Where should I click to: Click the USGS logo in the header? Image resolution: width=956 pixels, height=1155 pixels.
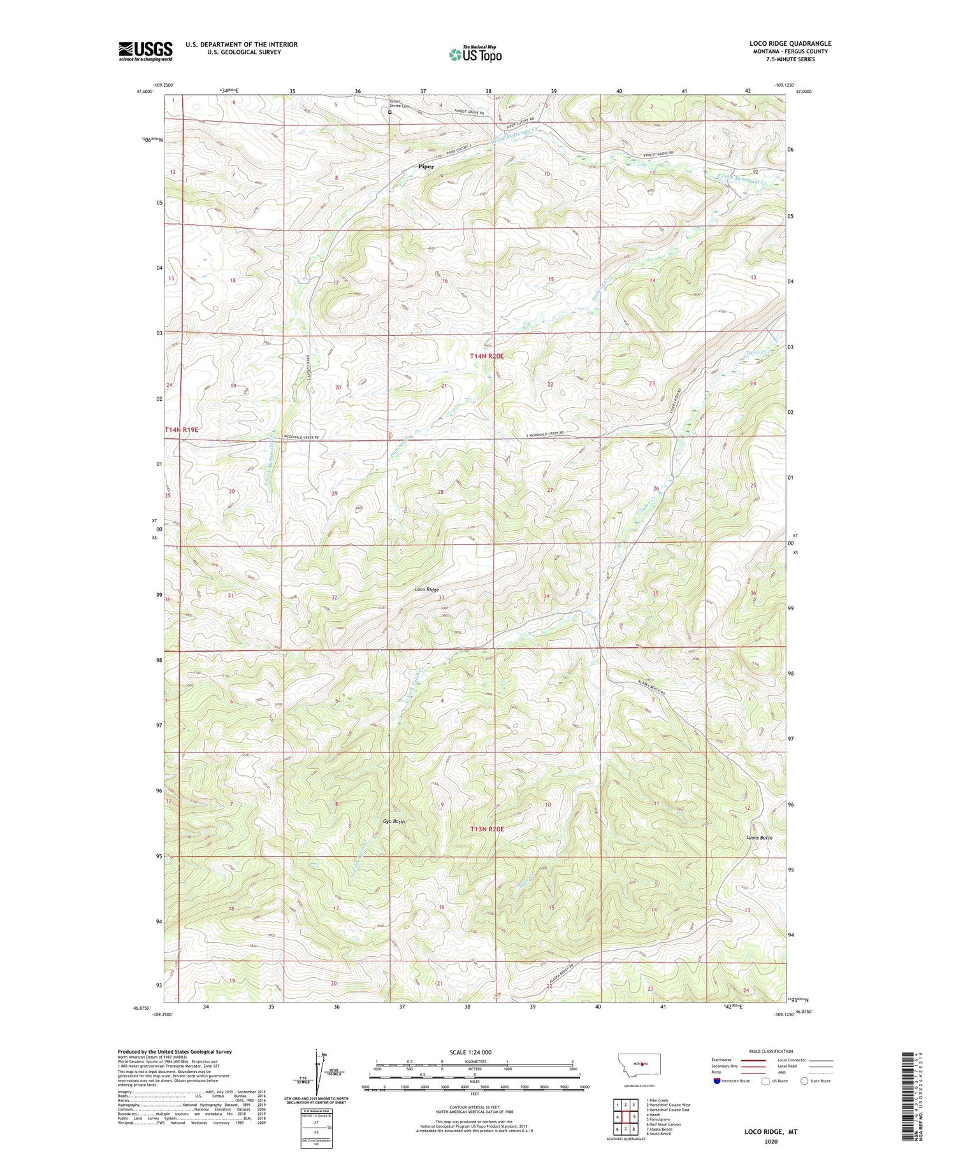145,51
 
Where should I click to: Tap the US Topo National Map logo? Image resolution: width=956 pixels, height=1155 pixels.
475,54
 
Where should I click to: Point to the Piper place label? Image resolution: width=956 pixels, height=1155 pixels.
426,167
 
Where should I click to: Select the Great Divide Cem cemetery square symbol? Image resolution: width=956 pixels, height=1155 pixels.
390,112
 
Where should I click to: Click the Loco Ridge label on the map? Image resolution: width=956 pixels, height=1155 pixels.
426,590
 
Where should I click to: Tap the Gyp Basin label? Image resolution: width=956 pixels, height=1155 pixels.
394,822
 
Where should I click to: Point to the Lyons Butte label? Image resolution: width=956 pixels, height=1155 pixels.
759,838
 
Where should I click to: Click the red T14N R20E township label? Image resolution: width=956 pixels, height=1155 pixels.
487,357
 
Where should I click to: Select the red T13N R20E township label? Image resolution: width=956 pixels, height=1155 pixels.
487,829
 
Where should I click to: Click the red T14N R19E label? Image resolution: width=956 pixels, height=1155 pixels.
182,430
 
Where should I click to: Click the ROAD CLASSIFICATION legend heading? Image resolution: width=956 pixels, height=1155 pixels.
771,1051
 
